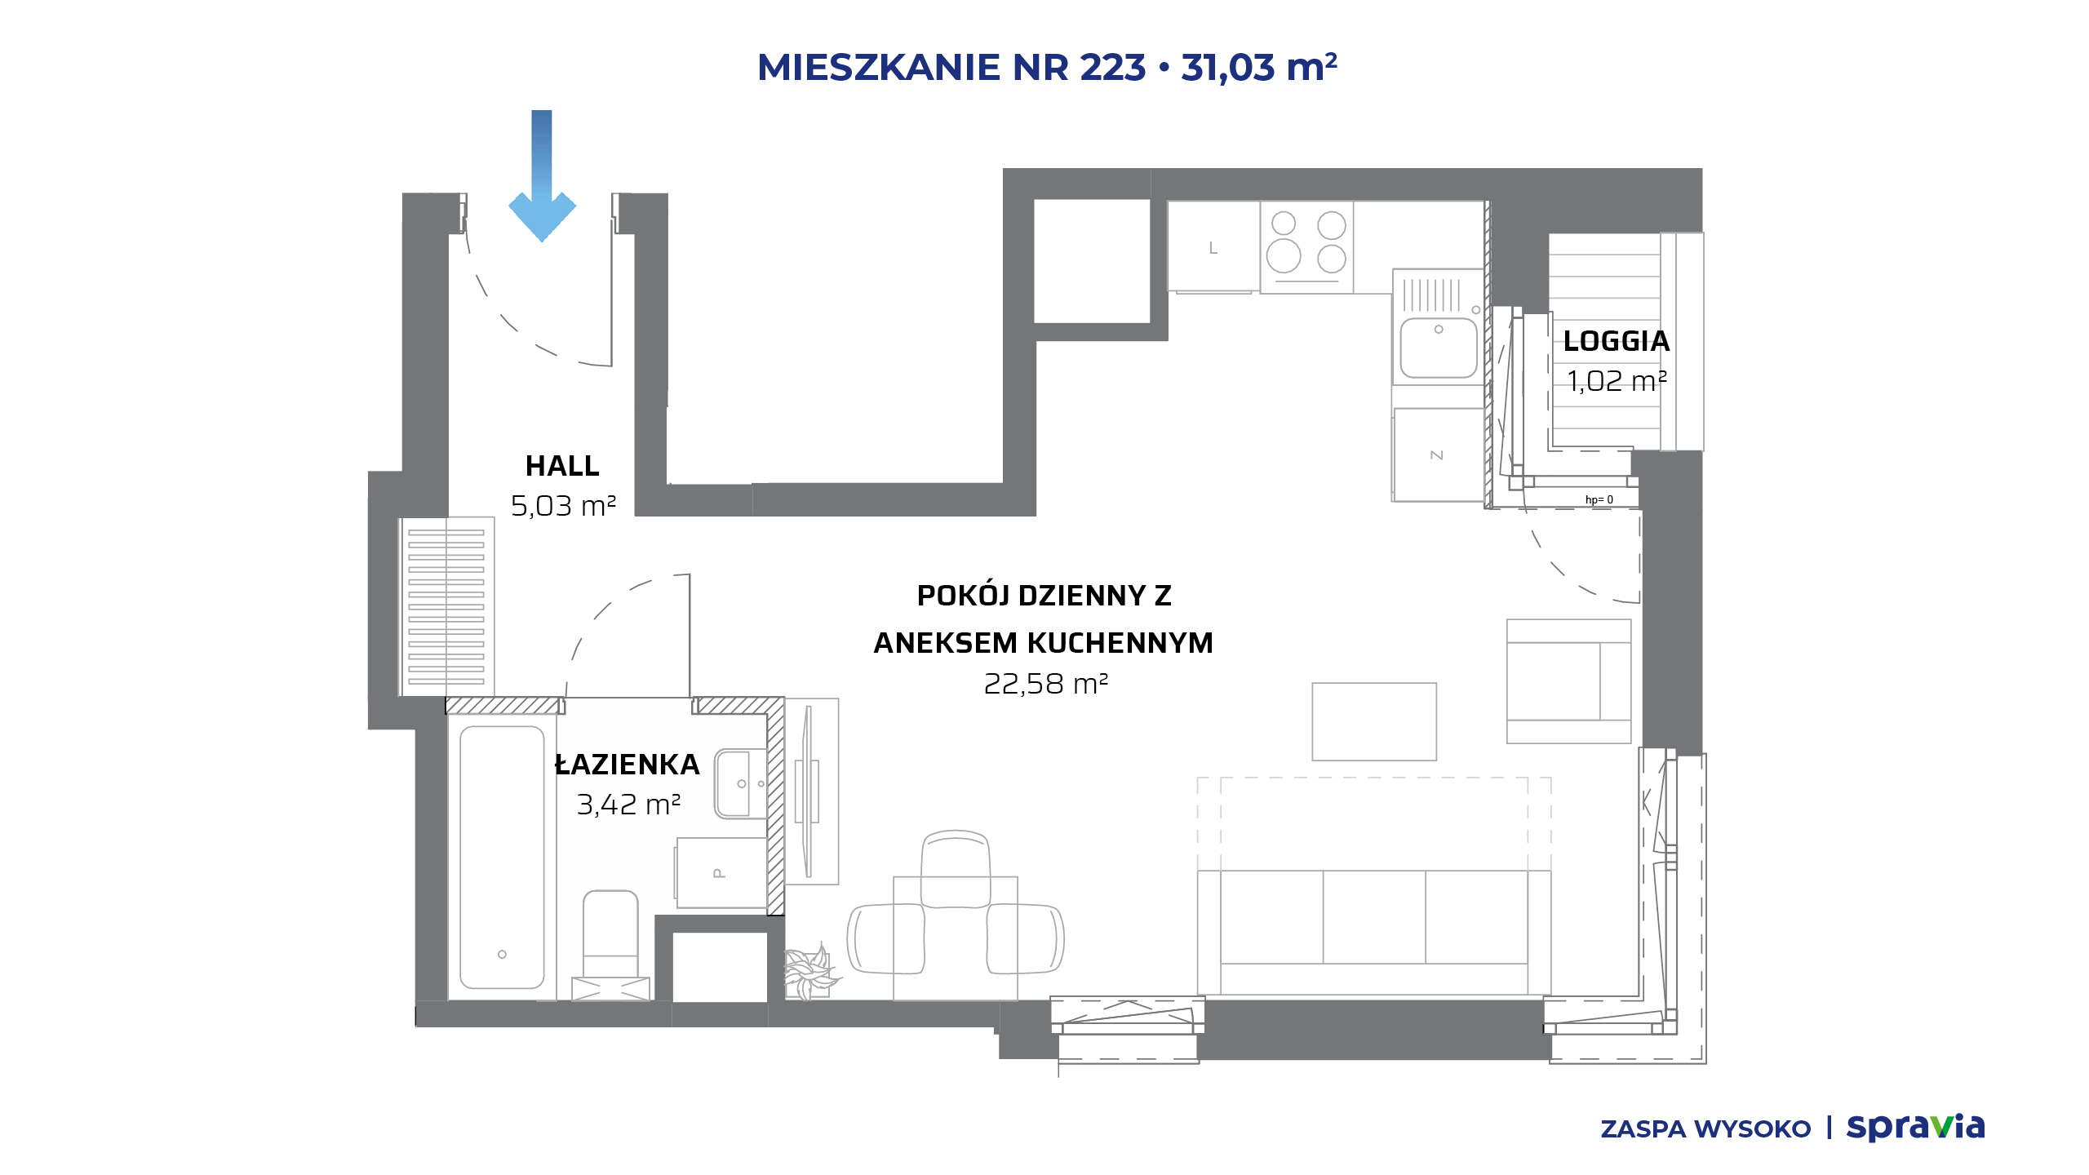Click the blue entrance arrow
(x=542, y=175)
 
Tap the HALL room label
(x=562, y=466)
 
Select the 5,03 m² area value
(x=563, y=506)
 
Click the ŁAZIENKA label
(x=627, y=764)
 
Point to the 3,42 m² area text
(x=628, y=805)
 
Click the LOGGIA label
(x=1616, y=341)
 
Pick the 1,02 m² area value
(x=1617, y=381)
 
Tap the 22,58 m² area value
(x=1045, y=684)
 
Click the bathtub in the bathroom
(x=502, y=857)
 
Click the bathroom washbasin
(x=740, y=784)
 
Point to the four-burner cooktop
(x=1306, y=247)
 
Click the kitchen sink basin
(x=1439, y=347)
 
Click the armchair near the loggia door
(x=1568, y=681)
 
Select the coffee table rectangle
(x=1374, y=721)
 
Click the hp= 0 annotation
(x=1599, y=499)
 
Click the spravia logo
(x=1915, y=1127)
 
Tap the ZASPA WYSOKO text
(x=1705, y=1129)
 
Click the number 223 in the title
(x=1113, y=67)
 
